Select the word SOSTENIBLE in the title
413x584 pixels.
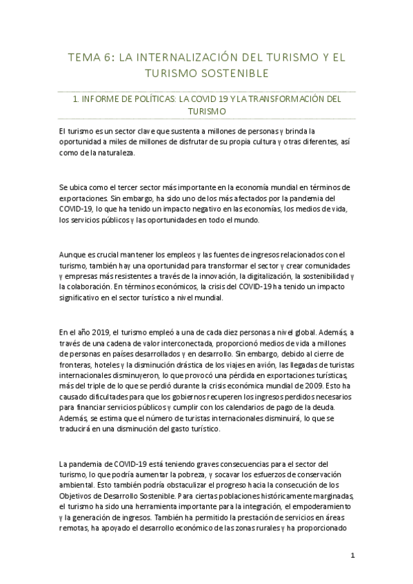(233, 73)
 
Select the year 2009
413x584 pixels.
(320, 375)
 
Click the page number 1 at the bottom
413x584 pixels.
(352, 556)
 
